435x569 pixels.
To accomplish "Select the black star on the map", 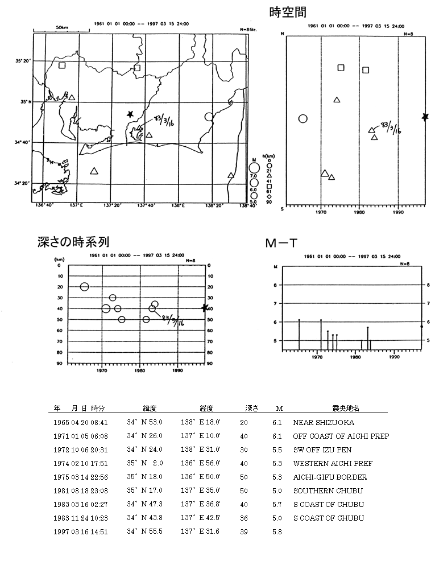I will pos(131,114).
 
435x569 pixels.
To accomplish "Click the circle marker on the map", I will pos(209,117).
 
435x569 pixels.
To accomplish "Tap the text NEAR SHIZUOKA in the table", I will pos(323,423).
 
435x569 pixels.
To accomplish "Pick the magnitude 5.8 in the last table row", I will pos(277,532).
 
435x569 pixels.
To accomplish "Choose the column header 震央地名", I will pos(341,409).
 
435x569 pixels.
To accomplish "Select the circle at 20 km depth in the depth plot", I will pos(85,287).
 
